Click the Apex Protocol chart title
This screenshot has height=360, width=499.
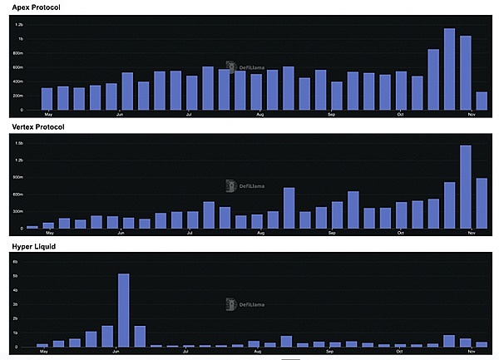pyautogui.click(x=36, y=7)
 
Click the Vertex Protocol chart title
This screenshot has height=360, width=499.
pyautogui.click(x=38, y=126)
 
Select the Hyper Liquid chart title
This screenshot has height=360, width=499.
pyautogui.click(x=32, y=247)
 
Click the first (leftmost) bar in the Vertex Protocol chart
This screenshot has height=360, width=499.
pyautogui.click(x=32, y=227)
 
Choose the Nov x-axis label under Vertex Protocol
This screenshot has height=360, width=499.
pyautogui.click(x=470, y=234)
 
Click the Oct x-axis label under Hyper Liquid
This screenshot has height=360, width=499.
pyautogui.click(x=400, y=353)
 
